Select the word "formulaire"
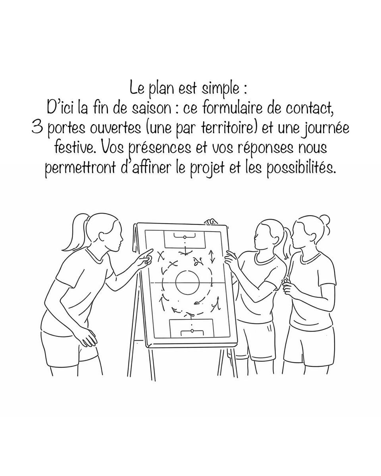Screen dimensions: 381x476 pyautogui.click(x=233, y=108)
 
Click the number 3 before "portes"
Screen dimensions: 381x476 pyautogui.click(x=37, y=128)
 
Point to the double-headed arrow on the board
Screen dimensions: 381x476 pyautogui.click(x=212, y=257)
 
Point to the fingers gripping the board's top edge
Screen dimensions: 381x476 pyautogui.click(x=210, y=221)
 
